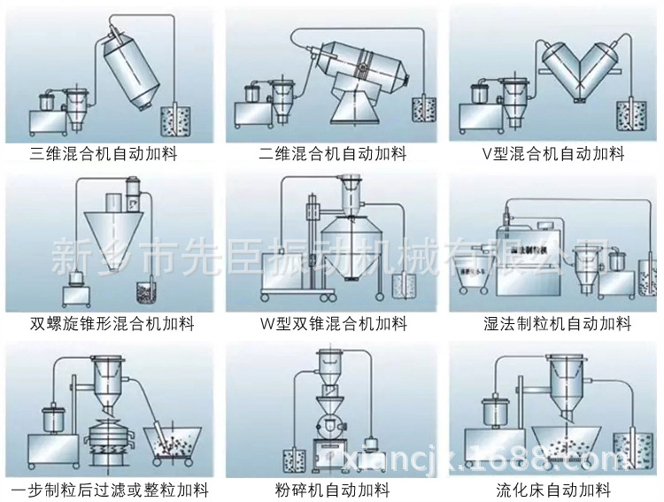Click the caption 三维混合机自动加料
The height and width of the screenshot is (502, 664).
point(104,154)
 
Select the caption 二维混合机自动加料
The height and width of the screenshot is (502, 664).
point(332,154)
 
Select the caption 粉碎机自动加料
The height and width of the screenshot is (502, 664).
point(332,490)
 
